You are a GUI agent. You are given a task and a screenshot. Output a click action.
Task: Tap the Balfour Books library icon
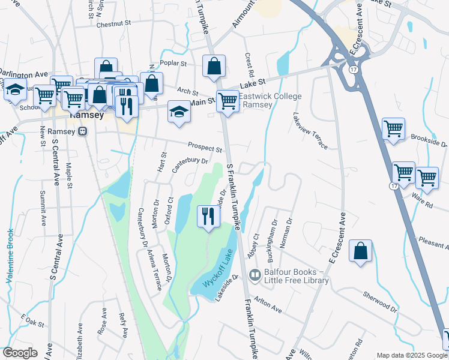click(255, 275)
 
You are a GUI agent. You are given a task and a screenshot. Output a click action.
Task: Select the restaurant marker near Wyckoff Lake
click(208, 216)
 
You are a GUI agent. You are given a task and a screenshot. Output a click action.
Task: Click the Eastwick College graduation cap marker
click(179, 112)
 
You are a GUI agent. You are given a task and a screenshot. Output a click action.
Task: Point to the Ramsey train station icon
click(83, 131)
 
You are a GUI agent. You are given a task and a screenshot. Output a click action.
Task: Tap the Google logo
click(20, 353)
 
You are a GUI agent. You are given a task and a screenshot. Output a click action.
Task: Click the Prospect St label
click(205, 146)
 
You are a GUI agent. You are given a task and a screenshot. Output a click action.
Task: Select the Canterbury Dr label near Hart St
click(190, 164)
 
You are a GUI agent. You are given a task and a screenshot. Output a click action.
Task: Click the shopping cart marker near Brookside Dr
click(393, 128)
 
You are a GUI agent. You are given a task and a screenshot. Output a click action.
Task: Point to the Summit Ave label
click(43, 208)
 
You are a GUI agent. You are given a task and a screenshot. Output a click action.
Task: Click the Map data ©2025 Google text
click(411, 355)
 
